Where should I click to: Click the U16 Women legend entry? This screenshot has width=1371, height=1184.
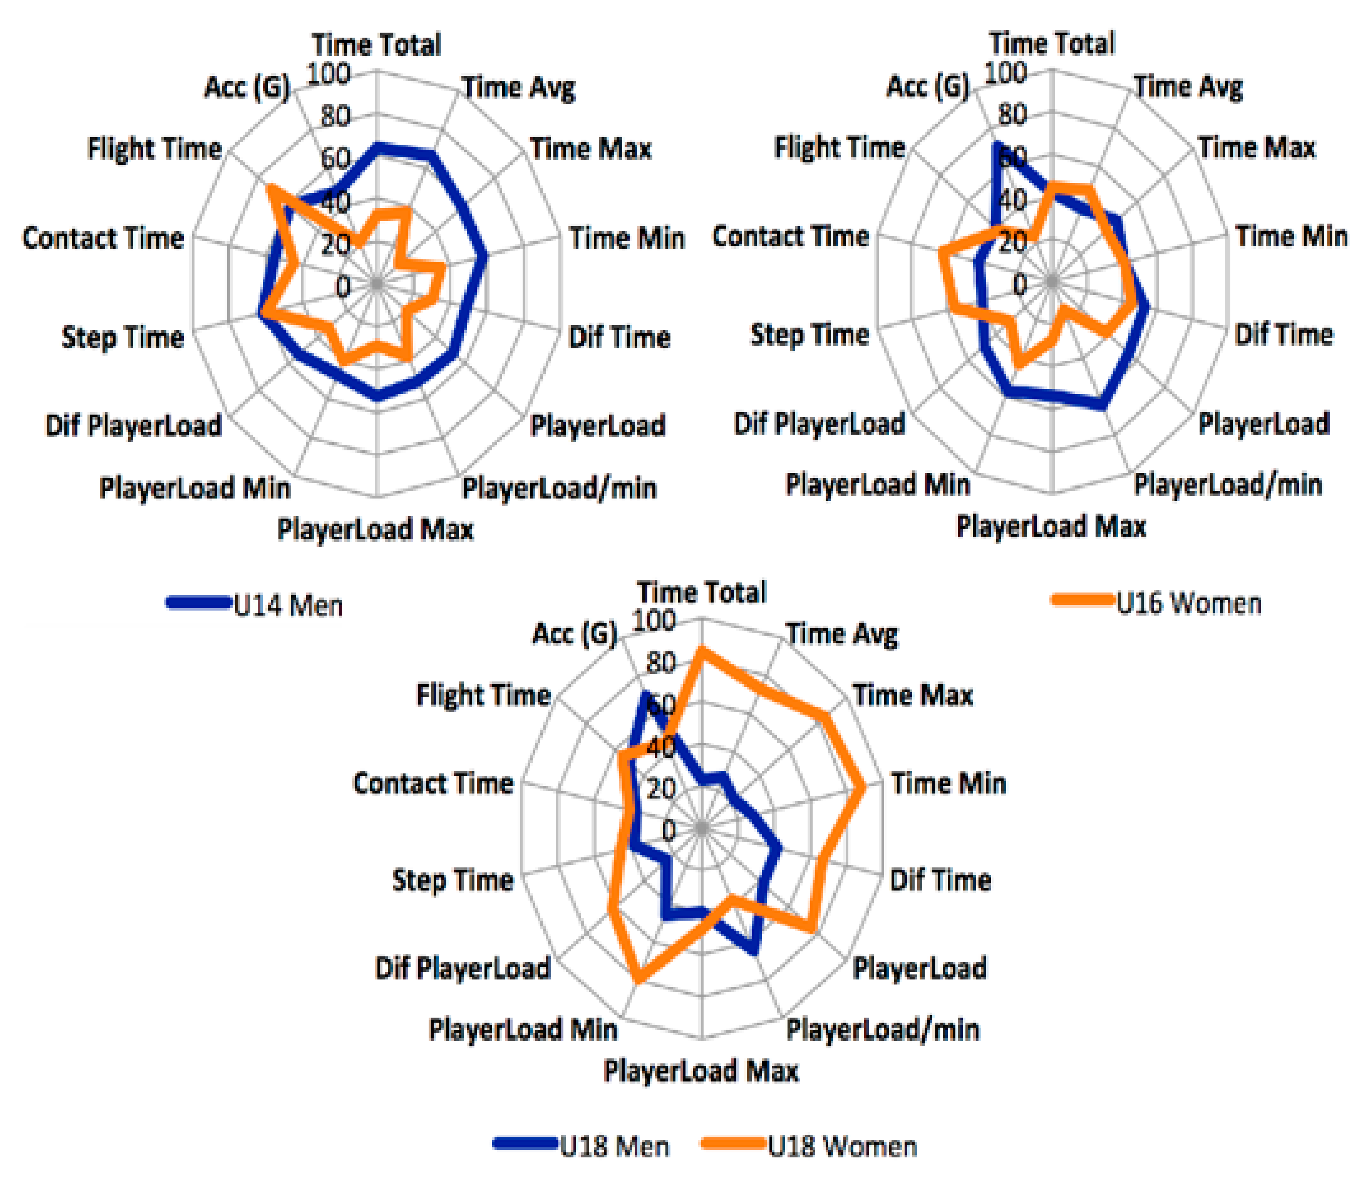point(1189,603)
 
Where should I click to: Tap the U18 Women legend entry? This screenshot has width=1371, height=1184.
point(842,1146)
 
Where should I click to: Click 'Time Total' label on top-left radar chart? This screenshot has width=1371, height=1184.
point(376,45)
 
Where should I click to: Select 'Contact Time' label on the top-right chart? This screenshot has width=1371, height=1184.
point(790,236)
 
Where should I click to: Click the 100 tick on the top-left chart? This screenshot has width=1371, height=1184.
point(329,73)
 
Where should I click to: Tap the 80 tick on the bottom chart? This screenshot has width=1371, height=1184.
point(660,663)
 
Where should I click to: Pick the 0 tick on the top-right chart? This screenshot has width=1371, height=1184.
point(1020,284)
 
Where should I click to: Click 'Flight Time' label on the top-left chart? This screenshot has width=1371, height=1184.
point(154,148)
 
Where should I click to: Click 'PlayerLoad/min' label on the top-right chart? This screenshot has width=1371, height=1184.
point(1228,484)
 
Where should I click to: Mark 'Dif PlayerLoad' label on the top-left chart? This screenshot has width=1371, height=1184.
point(133,426)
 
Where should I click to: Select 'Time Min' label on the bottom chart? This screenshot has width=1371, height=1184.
point(948,783)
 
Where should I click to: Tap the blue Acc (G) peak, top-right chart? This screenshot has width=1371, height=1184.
point(995,144)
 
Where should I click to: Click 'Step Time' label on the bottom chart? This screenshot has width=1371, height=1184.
point(453,880)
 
